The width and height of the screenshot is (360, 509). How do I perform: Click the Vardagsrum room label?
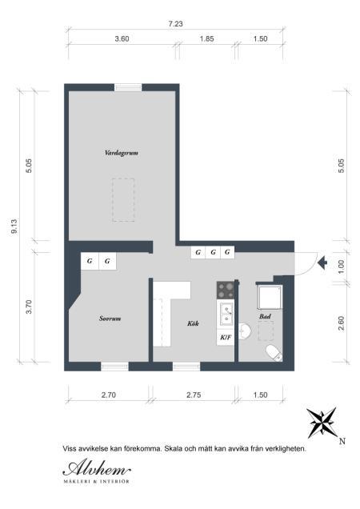[x=122, y=153]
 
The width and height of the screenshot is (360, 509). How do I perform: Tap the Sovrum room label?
[x=110, y=319]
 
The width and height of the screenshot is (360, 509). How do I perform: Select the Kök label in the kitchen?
[x=193, y=323]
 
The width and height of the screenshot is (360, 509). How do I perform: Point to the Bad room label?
[x=265, y=316]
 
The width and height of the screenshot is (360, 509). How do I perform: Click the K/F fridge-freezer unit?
[x=226, y=337]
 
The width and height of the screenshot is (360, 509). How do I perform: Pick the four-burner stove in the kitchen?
[x=226, y=291]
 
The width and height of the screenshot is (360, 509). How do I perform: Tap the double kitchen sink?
[x=226, y=314]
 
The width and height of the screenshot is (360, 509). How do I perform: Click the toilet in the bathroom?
[x=274, y=353]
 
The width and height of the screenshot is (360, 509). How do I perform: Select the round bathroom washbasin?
[x=244, y=331]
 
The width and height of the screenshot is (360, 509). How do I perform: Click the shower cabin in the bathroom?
[x=270, y=297]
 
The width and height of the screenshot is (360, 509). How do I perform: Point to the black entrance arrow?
[x=322, y=263]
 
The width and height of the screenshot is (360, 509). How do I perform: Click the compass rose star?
[x=322, y=423]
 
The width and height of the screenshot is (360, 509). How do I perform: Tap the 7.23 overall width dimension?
[x=176, y=24]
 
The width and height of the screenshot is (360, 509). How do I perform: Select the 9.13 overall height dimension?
[x=14, y=226]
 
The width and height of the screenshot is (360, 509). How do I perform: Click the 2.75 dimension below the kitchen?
[x=194, y=395]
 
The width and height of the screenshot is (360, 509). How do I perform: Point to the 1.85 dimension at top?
[x=206, y=38]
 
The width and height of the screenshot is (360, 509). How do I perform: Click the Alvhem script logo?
[x=97, y=468]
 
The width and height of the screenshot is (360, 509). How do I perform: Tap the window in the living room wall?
[x=128, y=87]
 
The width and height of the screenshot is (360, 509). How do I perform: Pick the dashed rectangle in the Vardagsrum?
[x=123, y=200]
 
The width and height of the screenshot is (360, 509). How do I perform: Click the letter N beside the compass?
[x=342, y=441]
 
